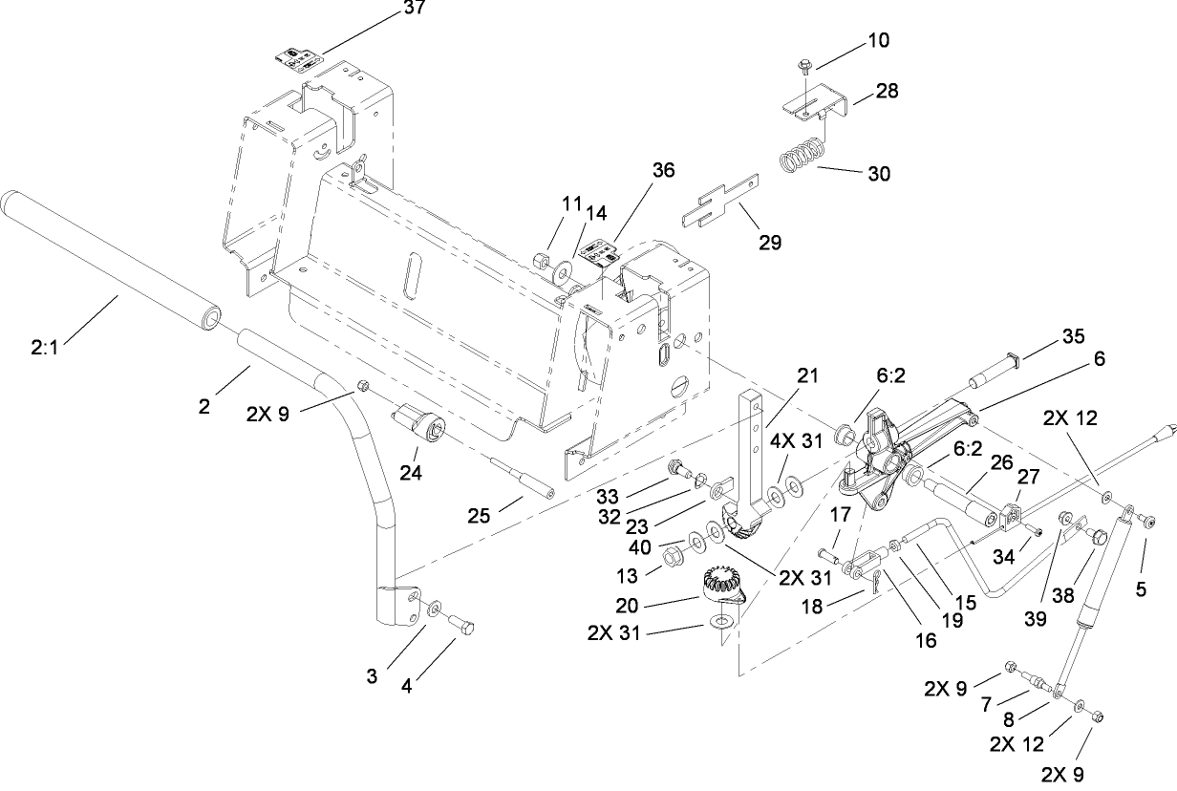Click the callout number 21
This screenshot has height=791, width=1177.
tap(808, 377)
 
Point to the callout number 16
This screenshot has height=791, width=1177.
tap(924, 639)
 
